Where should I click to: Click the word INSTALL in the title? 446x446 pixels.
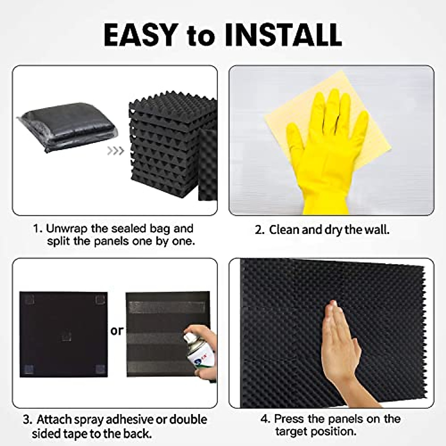pos(283,35)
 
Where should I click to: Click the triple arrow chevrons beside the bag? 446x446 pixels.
pos(115,151)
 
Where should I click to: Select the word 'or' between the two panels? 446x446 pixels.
pos(117,330)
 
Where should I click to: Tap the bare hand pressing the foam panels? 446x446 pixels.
pos(340,349)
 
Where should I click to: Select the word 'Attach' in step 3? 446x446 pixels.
pos(53,420)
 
